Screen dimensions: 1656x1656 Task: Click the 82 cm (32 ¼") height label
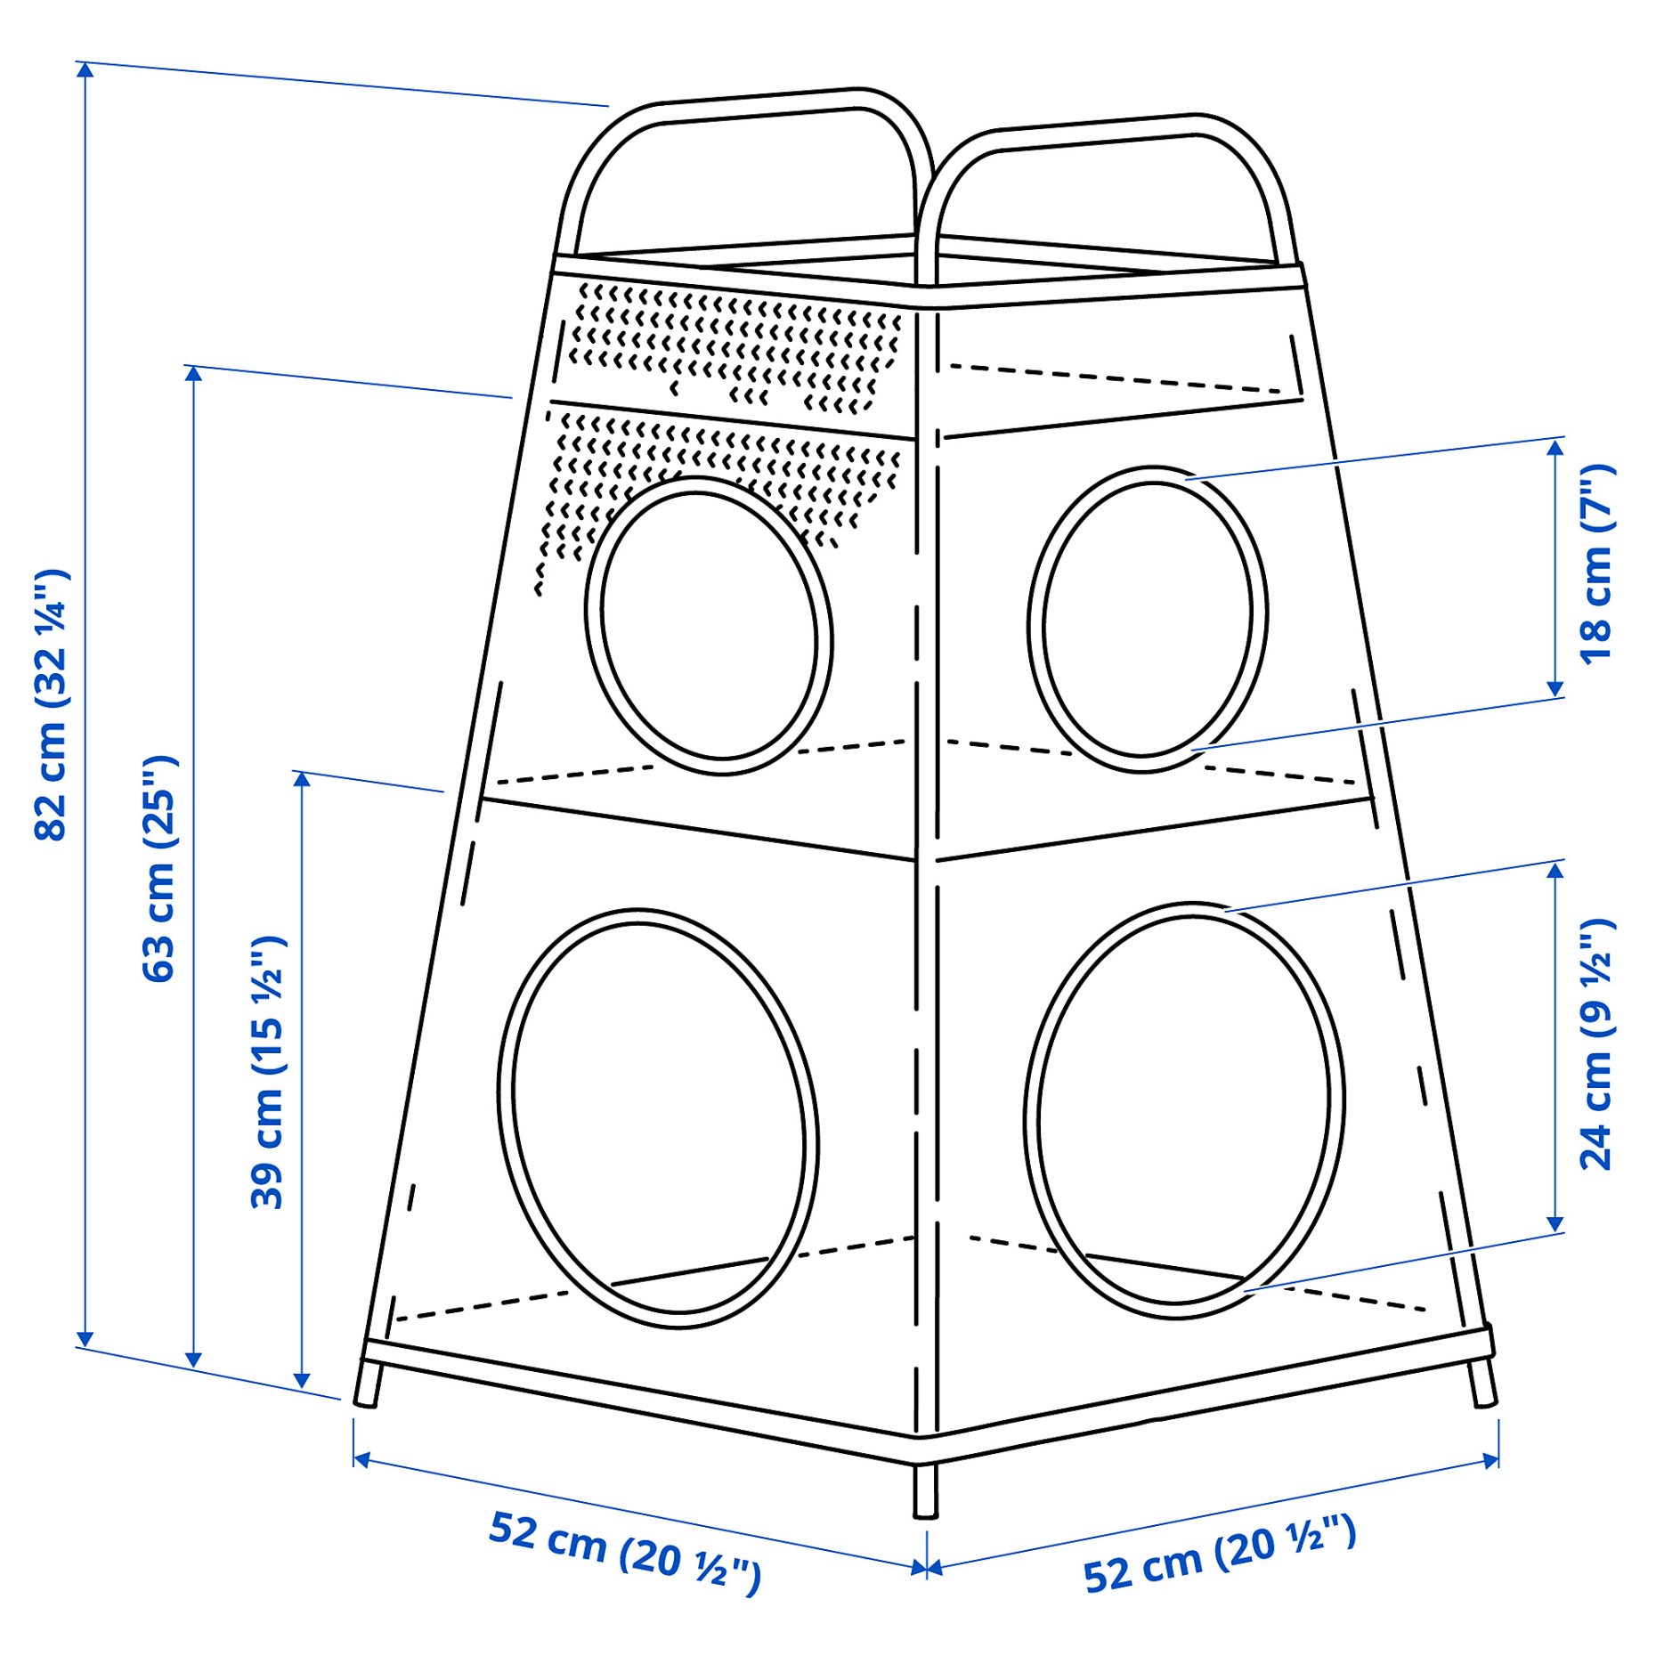coord(52,703)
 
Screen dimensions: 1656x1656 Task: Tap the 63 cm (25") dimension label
coord(160,868)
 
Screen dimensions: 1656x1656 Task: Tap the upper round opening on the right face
coord(1147,619)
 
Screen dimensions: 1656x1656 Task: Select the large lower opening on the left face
coord(659,1118)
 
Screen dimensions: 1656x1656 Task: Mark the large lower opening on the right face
coord(1184,1109)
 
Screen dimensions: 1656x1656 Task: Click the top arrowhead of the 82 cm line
coord(85,69)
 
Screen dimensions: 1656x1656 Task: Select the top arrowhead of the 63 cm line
coord(193,373)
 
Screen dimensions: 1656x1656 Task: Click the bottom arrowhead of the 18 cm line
coord(1555,689)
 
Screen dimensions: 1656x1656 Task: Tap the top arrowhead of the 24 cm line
coord(1555,869)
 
